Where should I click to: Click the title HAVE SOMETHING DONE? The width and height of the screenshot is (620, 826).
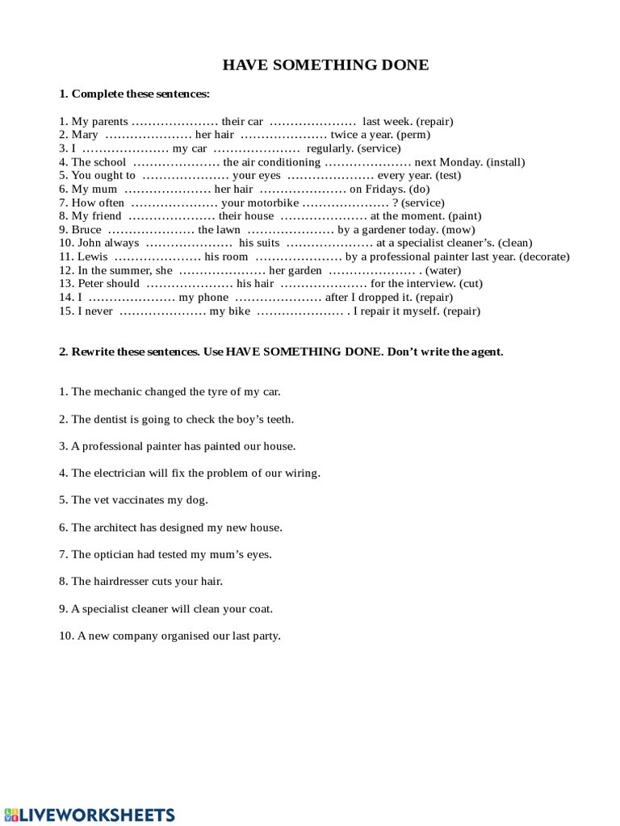coord(325,65)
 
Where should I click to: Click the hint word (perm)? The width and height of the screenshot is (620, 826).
coord(413,135)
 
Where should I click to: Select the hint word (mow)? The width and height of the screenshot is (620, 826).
coord(463,229)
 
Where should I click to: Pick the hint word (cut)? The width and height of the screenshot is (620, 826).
coord(471,284)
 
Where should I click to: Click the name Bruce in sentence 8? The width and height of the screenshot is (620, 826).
coord(86,229)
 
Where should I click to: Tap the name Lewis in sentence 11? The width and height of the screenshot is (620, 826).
coord(92,257)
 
